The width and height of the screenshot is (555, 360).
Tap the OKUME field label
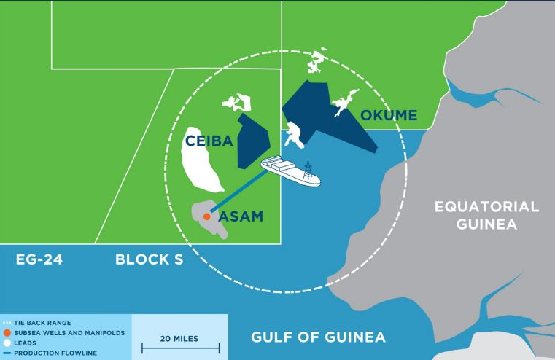point(388,115)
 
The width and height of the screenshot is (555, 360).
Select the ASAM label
point(241,216)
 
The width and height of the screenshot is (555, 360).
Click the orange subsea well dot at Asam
point(207,216)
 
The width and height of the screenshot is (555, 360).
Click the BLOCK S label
point(149,259)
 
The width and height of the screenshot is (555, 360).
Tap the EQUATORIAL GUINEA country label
point(486,215)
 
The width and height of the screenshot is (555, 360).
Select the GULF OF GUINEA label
point(318,337)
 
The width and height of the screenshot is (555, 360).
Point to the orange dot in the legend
point(6,332)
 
